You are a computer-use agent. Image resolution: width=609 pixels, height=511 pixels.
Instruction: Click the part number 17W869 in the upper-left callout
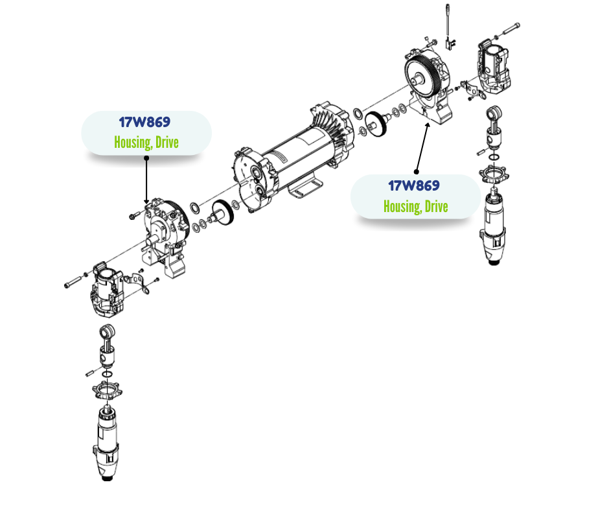(x=145, y=122)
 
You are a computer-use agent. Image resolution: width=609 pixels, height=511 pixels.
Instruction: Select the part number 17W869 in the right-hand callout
(x=414, y=185)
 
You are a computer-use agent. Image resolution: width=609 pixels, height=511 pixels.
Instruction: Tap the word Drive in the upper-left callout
(x=167, y=142)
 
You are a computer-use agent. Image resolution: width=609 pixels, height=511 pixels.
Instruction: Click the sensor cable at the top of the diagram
(x=448, y=23)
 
